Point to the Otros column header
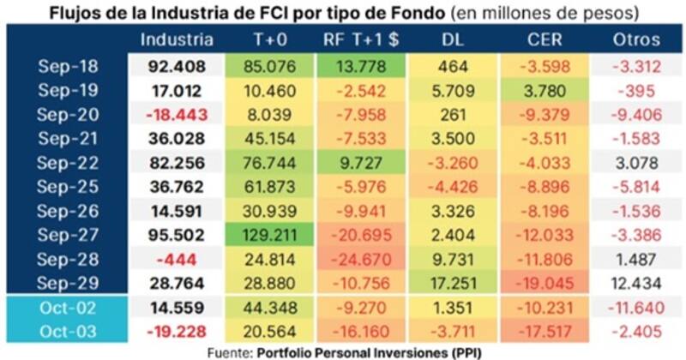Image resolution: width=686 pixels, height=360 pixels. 636,39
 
